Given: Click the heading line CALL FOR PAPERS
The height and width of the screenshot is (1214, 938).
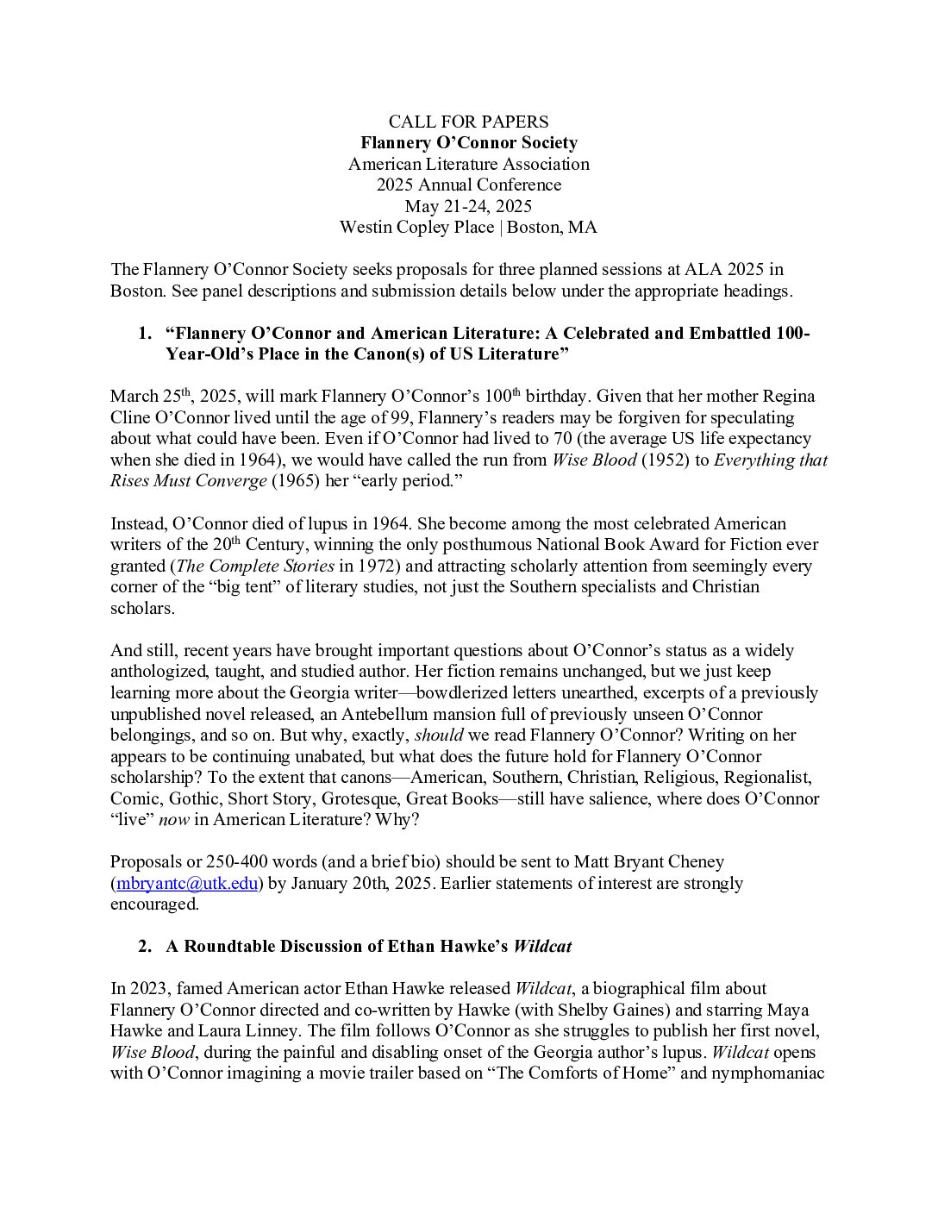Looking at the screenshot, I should coord(468,122).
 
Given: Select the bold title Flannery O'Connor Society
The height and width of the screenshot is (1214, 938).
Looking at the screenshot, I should coord(468,143).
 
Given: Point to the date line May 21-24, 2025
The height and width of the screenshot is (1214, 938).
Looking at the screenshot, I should coord(468,206).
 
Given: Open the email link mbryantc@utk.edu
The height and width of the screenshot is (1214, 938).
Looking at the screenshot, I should coord(188,883).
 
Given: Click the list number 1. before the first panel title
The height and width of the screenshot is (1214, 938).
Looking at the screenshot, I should coord(145,334).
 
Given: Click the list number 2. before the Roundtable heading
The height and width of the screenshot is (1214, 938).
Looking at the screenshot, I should coord(145,947).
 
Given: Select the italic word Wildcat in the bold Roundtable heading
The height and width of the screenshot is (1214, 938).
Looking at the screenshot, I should coord(542,947).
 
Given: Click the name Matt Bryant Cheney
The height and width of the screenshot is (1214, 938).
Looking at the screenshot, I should coord(654,862).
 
